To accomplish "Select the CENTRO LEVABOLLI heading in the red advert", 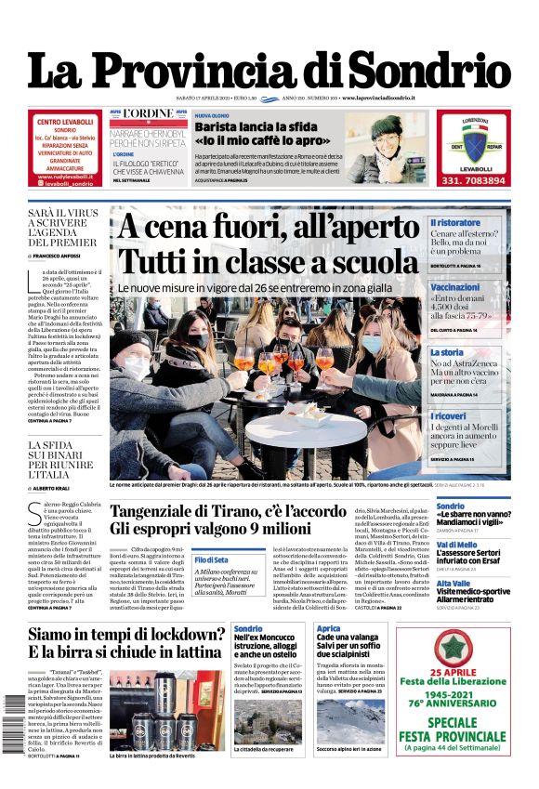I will pos(64,122).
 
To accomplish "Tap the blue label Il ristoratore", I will pos(455,223).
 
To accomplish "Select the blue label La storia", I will pos(446,352).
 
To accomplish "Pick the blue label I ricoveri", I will pos(448,416).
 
